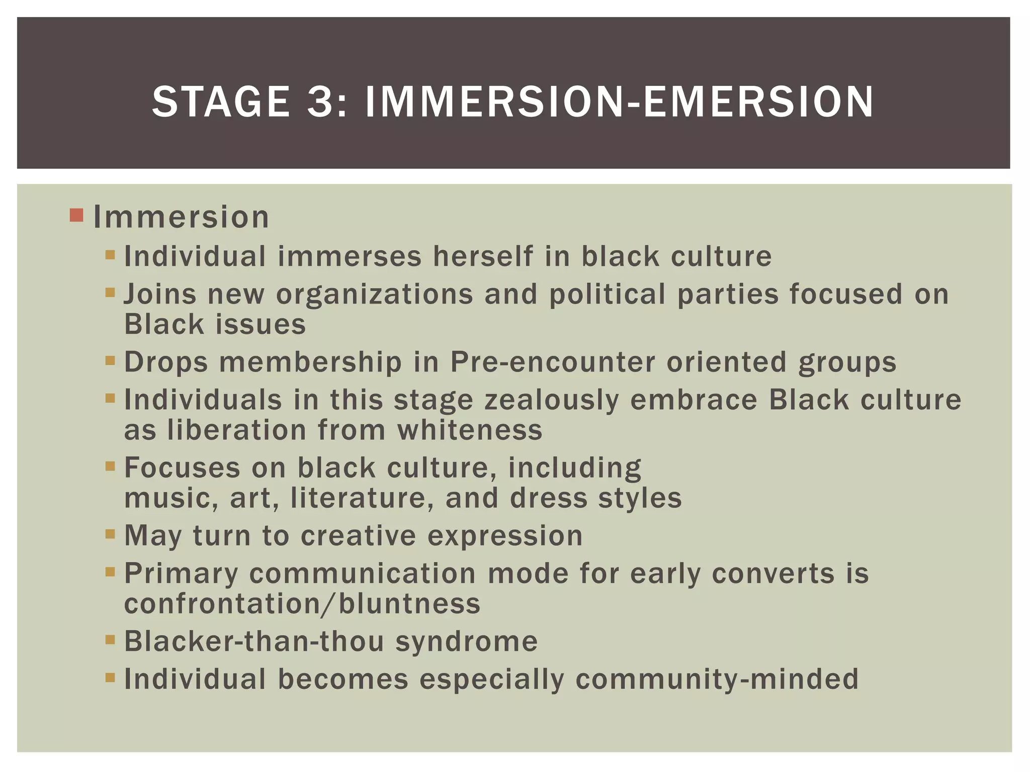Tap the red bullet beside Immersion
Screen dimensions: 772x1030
coord(76,216)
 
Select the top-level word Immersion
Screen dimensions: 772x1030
coord(181,217)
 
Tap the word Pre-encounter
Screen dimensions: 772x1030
coord(553,362)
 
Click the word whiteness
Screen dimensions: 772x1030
coord(470,430)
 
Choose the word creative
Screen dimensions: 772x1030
coord(358,536)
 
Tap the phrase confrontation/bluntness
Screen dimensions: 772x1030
coord(302,604)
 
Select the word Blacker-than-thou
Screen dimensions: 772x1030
coord(254,641)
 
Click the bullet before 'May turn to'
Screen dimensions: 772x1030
coord(110,534)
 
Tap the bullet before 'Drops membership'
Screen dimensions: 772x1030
coord(110,360)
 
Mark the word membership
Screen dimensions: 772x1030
coord(310,362)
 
